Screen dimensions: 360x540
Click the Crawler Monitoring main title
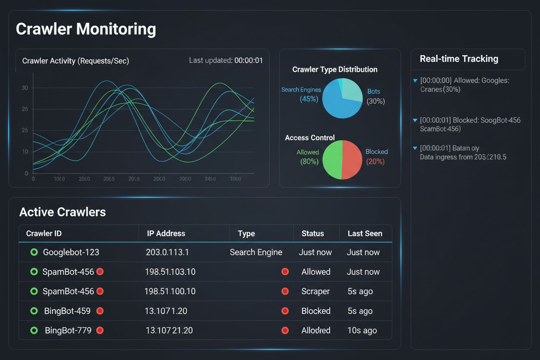[86, 29]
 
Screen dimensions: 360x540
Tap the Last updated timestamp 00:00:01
[248, 61]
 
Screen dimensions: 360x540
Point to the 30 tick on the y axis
[25, 88]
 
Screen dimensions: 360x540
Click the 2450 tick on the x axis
[210, 179]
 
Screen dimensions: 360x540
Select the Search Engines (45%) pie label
[301, 94]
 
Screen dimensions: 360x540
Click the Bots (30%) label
[375, 96]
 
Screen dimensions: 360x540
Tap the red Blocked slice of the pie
[352, 159]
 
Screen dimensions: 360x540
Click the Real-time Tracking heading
[459, 59]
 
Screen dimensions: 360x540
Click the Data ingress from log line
[463, 157]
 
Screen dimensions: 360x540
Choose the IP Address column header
[166, 233]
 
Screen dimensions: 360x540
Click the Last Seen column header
[365, 233]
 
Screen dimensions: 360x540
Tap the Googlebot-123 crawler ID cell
[71, 252]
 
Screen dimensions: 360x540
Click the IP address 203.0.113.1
[167, 252]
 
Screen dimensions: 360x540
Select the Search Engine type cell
[256, 252]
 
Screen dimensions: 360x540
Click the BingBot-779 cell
[68, 330]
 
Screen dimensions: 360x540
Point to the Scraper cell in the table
[315, 291]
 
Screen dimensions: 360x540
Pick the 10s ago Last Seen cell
[362, 330]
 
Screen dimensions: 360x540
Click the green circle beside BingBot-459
[34, 311]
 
